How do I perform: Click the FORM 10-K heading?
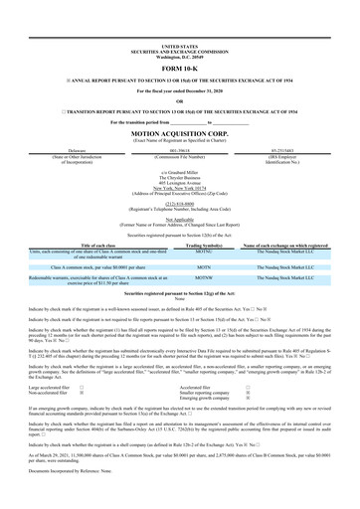tap(179, 39)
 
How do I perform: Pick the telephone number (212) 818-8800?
tap(179, 210)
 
